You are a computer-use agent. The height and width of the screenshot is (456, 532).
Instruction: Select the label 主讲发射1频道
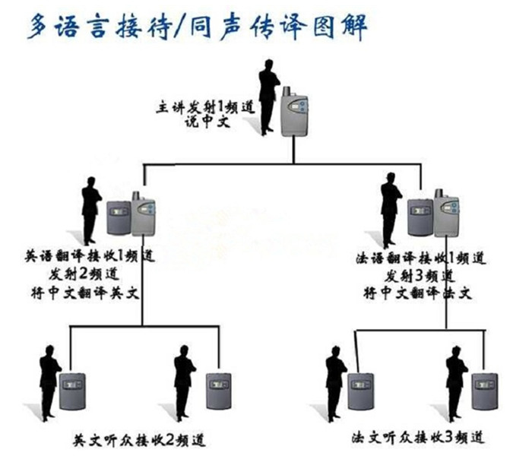tap(201, 106)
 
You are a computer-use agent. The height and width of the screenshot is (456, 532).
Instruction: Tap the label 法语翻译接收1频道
tap(420, 258)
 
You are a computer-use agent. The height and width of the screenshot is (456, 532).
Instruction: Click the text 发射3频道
tap(420, 274)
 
